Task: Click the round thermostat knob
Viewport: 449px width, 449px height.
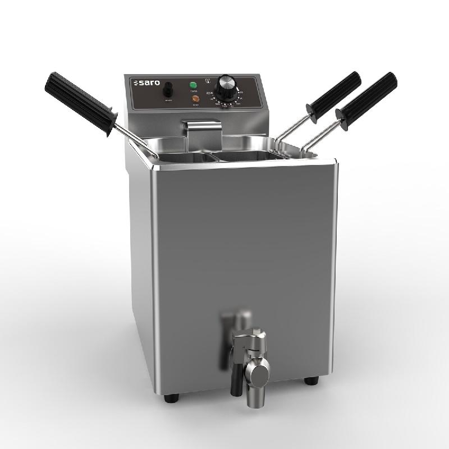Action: tap(226, 84)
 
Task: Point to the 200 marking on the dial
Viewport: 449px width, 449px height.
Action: tap(209, 93)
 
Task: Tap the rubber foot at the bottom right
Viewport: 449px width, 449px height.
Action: tap(309, 381)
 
